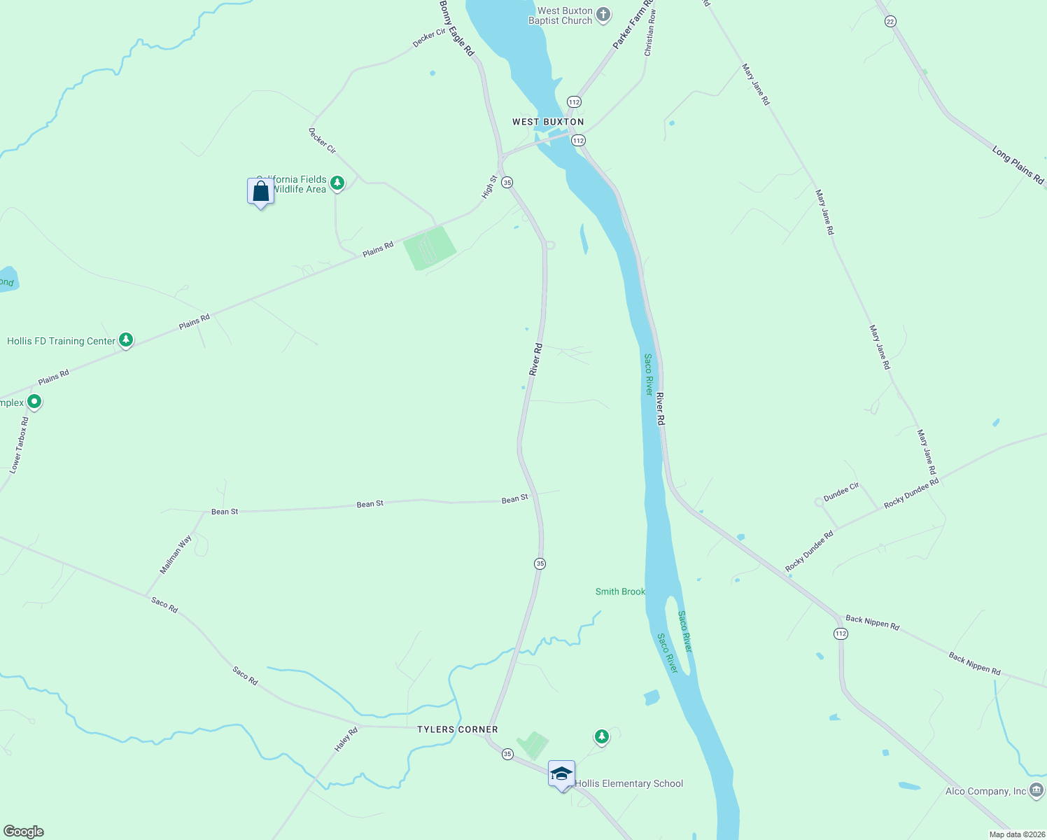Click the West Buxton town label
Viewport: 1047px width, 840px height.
click(x=548, y=122)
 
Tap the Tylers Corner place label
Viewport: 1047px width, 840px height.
click(x=458, y=729)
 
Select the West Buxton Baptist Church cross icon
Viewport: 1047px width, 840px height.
click(x=603, y=15)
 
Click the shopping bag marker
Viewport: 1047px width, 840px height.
click(x=260, y=191)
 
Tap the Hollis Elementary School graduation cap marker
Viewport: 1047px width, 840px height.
click(x=561, y=774)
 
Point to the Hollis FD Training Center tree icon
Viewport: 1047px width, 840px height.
click(x=126, y=340)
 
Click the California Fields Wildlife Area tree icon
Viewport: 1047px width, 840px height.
click(x=337, y=183)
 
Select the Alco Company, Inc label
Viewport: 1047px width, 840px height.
click(x=985, y=792)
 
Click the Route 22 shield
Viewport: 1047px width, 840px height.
click(x=890, y=22)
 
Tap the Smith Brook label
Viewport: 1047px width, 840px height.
click(x=620, y=591)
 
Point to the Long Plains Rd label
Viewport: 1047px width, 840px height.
click(x=1018, y=165)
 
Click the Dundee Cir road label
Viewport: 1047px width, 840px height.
click(x=841, y=491)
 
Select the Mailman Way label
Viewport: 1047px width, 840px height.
click(x=176, y=555)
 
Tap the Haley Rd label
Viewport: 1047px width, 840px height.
click(x=346, y=740)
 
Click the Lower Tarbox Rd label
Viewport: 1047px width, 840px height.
click(x=20, y=445)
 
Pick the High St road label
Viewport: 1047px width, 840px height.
click(x=489, y=188)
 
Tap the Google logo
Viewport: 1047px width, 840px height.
click(x=24, y=832)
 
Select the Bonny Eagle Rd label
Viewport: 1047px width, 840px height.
click(x=457, y=28)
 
